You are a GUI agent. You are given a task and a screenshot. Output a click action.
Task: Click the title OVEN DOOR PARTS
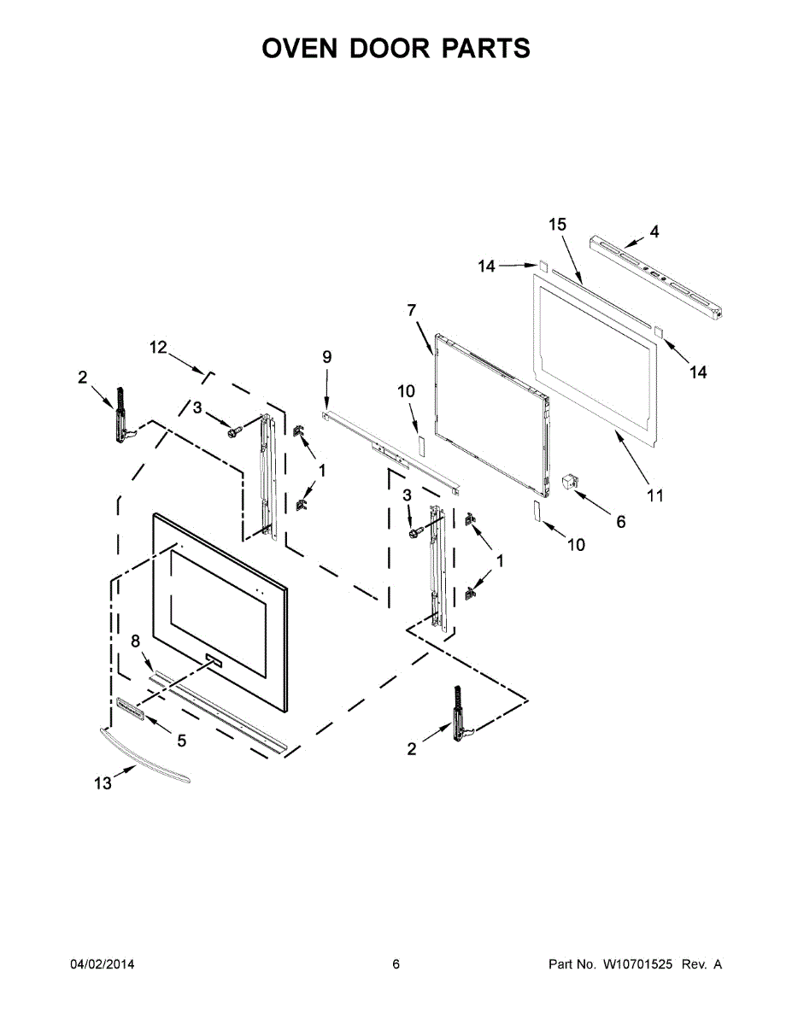point(396,48)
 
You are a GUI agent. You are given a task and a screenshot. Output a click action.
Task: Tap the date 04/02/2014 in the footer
point(102,964)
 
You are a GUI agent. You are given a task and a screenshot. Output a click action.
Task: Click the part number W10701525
point(638,964)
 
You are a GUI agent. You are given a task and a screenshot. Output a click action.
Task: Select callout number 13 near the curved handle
point(103,783)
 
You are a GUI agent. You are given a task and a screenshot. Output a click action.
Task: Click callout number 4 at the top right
point(654,231)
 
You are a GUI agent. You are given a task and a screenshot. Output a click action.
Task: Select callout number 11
point(654,495)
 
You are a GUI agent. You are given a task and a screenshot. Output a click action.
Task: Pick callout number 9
point(326,356)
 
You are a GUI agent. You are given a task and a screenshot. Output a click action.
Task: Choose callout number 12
point(158,347)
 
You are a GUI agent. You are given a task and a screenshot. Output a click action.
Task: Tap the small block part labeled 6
point(568,483)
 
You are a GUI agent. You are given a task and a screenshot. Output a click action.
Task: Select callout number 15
point(557,225)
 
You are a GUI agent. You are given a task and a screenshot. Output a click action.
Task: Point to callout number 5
point(181,741)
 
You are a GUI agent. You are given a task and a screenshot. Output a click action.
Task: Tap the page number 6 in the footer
point(396,964)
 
